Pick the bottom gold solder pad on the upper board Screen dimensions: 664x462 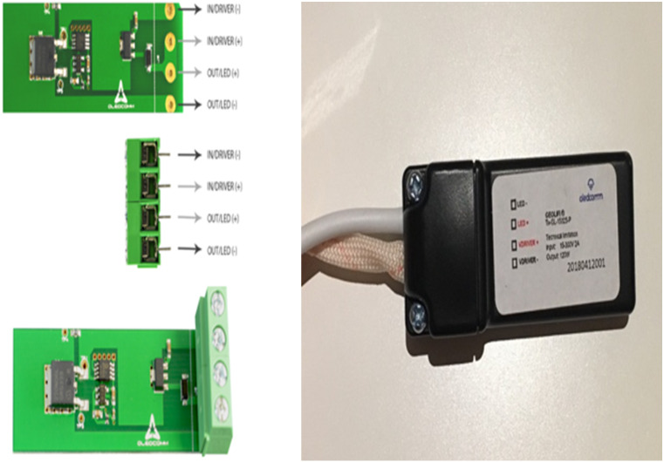point(172,104)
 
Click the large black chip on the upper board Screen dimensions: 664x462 point(41,55)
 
